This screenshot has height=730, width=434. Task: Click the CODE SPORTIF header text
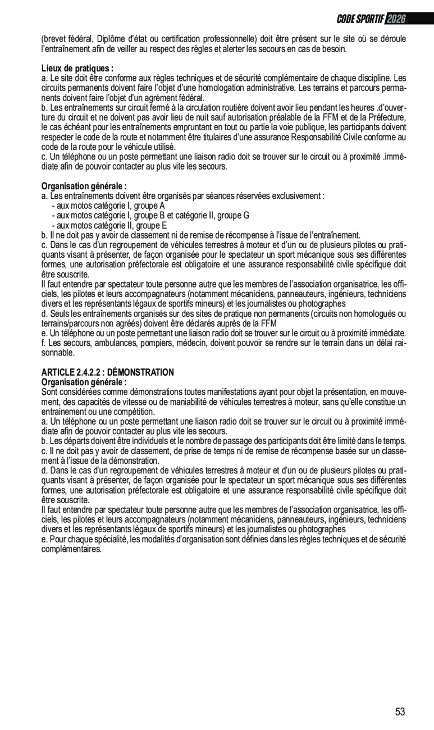pos(360,19)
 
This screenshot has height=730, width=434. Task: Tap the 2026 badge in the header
pos(396,19)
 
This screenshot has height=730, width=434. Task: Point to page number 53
pos(400,712)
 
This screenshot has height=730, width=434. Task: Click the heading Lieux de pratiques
pos(77,69)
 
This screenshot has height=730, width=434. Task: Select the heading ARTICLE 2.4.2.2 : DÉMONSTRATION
pos(108,372)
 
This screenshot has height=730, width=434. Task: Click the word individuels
pos(148,441)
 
